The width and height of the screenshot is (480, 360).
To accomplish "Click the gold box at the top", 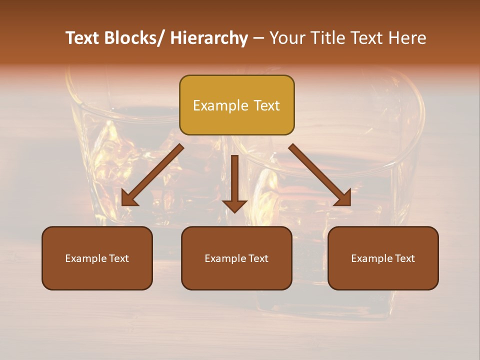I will tap(236, 105).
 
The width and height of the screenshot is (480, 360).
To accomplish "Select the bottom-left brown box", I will tap(97, 258).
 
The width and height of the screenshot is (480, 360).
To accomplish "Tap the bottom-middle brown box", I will tap(236, 258).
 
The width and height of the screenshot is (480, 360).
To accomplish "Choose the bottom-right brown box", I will tap(383, 258).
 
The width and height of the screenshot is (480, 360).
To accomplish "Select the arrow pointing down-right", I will tap(320, 175).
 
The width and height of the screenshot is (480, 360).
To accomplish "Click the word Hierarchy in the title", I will tap(209, 38).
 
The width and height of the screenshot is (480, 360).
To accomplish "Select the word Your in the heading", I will tap(286, 38).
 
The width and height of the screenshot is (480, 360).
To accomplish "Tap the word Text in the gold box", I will tap(266, 105).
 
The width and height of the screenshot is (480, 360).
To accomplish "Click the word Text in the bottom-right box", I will tap(404, 258).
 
